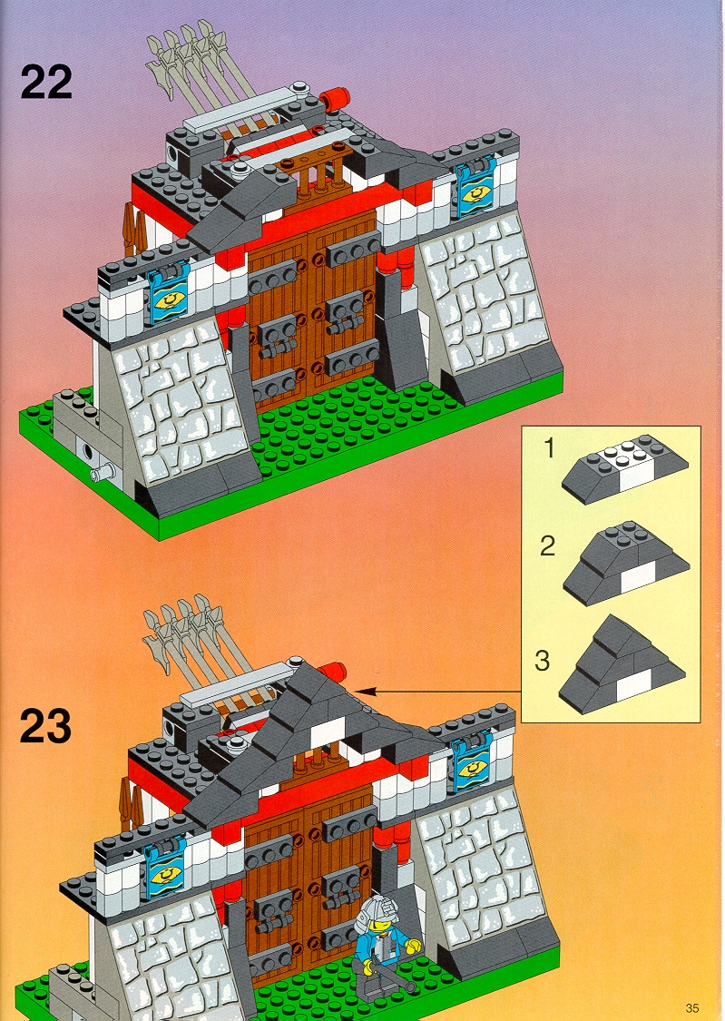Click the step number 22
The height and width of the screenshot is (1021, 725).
(46, 82)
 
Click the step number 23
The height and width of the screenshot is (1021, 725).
(45, 726)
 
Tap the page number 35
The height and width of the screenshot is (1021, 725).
(691, 1008)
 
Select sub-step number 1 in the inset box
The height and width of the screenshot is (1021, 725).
(549, 448)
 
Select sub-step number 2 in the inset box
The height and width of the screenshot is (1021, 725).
(547, 545)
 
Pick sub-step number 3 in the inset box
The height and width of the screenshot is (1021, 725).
(542, 661)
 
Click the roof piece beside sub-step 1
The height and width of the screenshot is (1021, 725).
(625, 468)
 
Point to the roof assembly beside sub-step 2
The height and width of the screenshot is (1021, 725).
(626, 563)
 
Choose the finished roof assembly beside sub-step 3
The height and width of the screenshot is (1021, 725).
(622, 664)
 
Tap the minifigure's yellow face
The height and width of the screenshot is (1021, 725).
(378, 923)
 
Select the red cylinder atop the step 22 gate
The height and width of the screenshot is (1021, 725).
(335, 99)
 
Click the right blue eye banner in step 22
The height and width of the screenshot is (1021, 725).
(476, 188)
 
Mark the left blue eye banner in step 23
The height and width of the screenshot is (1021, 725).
(164, 871)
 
